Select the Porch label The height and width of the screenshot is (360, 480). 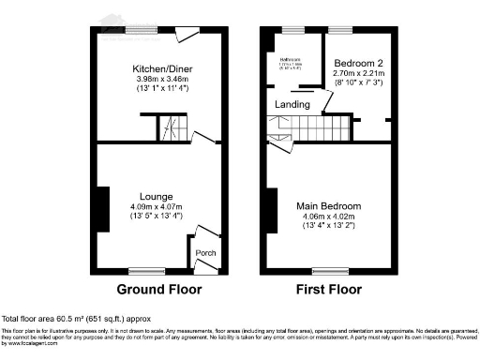(203, 252)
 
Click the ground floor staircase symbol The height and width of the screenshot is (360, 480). (172, 128)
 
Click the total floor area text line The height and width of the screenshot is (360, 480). (77, 320)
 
